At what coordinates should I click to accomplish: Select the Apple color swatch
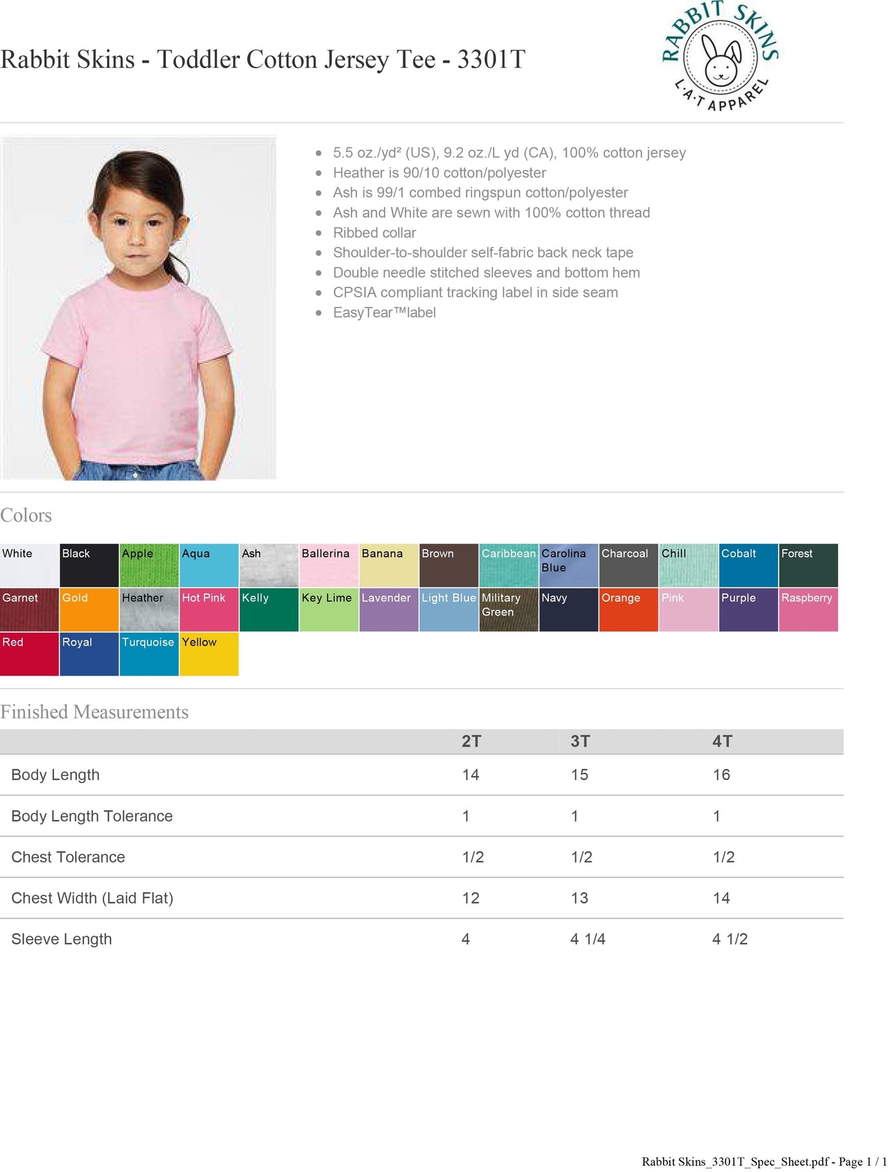pos(149,565)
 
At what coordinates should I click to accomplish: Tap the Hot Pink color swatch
pos(209,609)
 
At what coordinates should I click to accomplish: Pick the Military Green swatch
pos(509,609)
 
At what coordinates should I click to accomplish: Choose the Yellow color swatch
pos(209,654)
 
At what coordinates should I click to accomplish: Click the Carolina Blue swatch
pos(568,565)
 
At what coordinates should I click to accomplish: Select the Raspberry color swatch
pos(808,609)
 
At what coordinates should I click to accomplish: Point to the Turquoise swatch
pos(149,654)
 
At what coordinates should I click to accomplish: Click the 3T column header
pos(580,741)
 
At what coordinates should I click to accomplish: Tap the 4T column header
pos(722,741)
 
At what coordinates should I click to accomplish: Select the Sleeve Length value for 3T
pos(587,939)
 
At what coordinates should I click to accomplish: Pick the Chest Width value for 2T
pos(471,898)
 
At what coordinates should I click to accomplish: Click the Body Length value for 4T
pos(721,775)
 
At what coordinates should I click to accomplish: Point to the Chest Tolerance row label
pos(68,857)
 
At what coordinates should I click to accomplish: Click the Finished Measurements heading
pos(95,712)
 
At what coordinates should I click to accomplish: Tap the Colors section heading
pos(26,515)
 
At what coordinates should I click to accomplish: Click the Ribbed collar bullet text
pos(374,233)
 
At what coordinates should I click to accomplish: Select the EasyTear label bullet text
pos(384,313)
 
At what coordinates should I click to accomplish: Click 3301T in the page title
pos(491,60)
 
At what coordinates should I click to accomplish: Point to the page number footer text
pos(764,1162)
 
